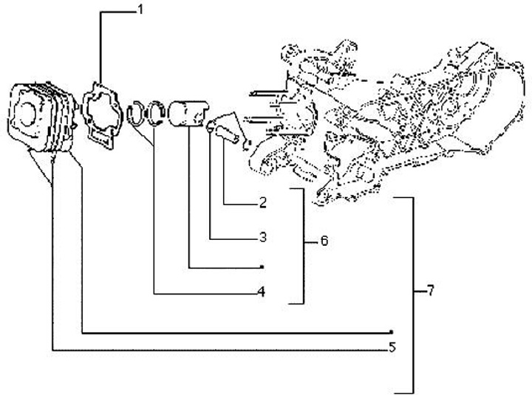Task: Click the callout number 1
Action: tap(138, 10)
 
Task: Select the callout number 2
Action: tap(262, 201)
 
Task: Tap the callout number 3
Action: tap(262, 238)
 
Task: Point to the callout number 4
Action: tap(262, 292)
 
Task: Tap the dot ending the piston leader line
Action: tap(262, 266)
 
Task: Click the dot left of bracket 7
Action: tap(392, 332)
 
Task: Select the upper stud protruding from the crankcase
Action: tap(262, 94)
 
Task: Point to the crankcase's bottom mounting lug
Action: tap(319, 197)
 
